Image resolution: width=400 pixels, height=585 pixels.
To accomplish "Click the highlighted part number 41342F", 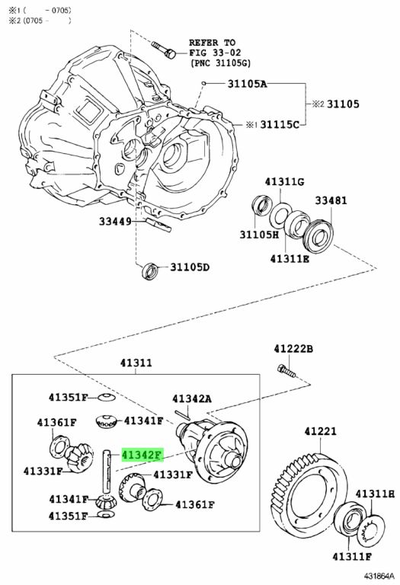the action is (142, 455).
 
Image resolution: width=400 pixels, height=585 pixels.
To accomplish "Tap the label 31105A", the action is (248, 84).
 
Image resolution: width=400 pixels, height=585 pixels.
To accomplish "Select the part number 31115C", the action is (280, 124).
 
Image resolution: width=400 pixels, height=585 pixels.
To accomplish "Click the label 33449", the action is (115, 222).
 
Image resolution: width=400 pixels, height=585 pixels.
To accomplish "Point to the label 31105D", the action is (190, 267).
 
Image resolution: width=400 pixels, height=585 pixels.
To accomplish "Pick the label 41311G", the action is (284, 182).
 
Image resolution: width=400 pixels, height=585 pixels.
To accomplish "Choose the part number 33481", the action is (331, 200).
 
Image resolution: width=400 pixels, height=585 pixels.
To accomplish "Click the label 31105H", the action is (259, 235).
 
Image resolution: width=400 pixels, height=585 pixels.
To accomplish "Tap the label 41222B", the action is (293, 349).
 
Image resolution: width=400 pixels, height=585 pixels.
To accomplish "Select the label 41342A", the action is (192, 399).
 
